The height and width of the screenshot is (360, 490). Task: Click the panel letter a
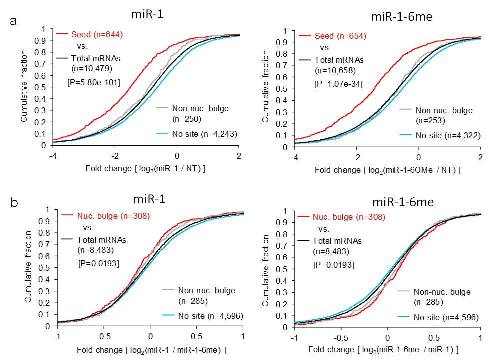coord(13,22)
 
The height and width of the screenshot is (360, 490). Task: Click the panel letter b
coord(14,203)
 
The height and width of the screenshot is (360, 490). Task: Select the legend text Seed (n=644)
coord(97,34)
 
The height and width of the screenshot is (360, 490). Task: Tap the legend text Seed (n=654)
coord(340,36)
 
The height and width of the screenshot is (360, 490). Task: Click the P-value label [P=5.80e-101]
coord(94,82)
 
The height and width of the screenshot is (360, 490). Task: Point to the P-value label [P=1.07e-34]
coord(339,84)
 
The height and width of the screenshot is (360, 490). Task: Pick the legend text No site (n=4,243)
coord(205,134)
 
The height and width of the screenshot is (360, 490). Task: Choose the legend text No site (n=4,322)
coord(448,136)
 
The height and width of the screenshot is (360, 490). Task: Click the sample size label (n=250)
coord(187,119)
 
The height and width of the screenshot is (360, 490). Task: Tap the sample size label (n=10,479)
coord(92,68)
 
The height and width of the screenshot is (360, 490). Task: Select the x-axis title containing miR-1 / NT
coord(145,169)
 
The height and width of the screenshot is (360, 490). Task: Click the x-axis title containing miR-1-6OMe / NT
coord(388,170)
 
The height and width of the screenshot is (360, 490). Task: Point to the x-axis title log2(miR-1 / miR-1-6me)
coord(152,350)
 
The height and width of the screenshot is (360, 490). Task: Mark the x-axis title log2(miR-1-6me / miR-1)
coord(384,350)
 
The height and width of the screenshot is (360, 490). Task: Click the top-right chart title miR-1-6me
coord(402,17)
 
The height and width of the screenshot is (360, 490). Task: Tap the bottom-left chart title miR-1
coord(149,199)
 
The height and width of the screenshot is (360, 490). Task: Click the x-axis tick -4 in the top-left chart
coord(53,156)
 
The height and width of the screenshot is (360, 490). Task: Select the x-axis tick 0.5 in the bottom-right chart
coord(434,338)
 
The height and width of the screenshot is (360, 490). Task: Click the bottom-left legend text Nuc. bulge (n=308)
coord(114,216)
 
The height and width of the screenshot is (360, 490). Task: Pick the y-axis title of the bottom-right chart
coord(265,271)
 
